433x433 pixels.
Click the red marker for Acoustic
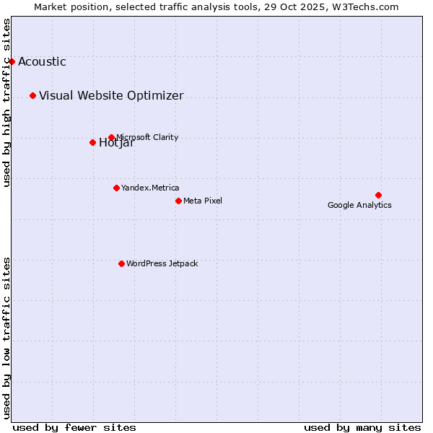click(12, 61)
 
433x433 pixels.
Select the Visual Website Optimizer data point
click(32, 95)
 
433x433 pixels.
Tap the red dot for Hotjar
click(92, 142)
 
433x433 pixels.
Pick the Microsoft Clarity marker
click(111, 137)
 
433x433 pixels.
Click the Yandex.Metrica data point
click(116, 188)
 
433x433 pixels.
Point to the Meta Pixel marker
click(178, 201)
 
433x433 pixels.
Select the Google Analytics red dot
click(378, 195)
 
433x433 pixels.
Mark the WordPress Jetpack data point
click(121, 263)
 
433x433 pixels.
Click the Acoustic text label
click(42, 61)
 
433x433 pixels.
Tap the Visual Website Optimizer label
click(111, 95)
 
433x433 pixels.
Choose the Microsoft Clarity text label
click(147, 137)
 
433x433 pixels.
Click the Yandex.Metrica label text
click(150, 188)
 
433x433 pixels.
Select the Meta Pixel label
click(203, 201)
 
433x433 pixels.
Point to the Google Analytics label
click(359, 205)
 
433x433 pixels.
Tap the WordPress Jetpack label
click(162, 263)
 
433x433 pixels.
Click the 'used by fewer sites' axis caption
click(74, 427)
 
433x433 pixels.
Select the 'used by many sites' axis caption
click(362, 427)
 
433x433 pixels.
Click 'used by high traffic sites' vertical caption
click(7, 102)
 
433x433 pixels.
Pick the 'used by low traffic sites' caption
click(7, 338)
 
